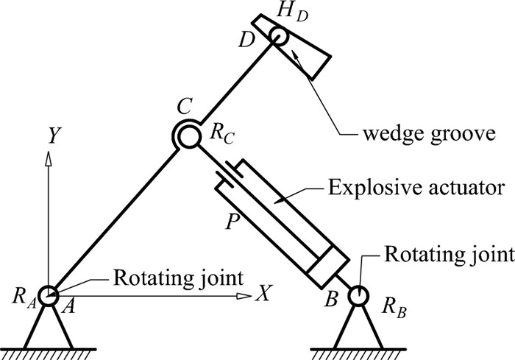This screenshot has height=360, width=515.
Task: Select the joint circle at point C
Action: click(186, 135)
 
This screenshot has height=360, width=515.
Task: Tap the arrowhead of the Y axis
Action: click(49, 158)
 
